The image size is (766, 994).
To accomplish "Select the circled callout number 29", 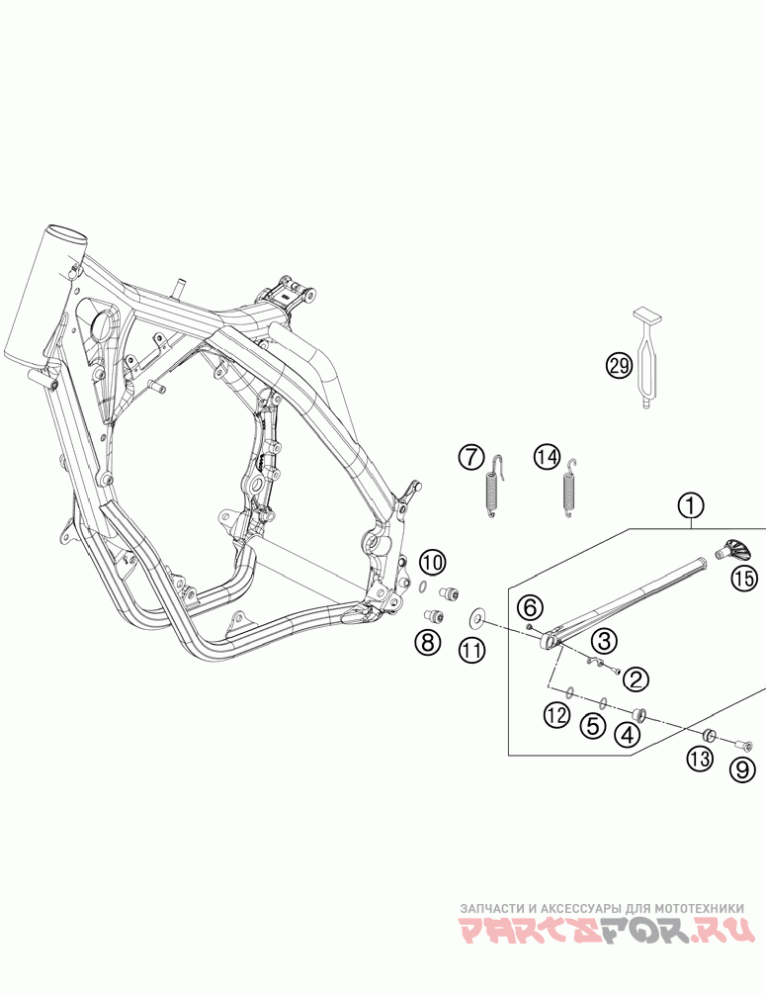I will coord(619,366).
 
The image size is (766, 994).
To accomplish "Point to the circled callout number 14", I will coord(547,457).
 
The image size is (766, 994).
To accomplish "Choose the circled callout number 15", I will coord(742,580).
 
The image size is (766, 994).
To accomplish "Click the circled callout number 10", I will coord(432,563).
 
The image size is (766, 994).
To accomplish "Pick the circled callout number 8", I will coord(427,642).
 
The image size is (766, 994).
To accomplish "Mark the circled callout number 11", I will coord(472,650).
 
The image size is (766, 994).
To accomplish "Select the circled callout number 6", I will coord(529,605).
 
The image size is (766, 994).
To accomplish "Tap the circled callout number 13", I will coord(701,759).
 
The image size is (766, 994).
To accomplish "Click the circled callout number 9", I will coord(743,768).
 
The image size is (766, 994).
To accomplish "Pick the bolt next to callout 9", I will coord(742,744).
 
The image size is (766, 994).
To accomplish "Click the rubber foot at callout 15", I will coord(732,549).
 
